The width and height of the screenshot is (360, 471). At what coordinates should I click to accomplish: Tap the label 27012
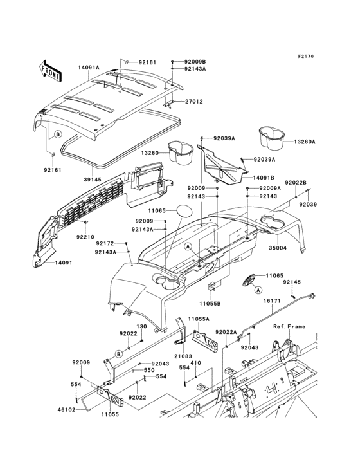(x=194, y=101)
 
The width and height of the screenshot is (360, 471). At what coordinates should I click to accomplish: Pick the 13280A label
(x=305, y=142)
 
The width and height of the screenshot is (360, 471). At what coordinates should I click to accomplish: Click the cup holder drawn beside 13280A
(x=272, y=136)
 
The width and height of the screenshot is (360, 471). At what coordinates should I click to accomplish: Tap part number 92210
(x=85, y=237)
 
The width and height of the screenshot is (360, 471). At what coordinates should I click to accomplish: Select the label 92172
(x=105, y=243)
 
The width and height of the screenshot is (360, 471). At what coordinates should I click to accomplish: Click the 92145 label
(x=292, y=281)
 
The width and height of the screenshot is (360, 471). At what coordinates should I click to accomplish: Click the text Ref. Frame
(x=289, y=327)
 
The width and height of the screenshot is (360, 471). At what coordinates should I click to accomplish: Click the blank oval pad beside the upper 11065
(x=185, y=211)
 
